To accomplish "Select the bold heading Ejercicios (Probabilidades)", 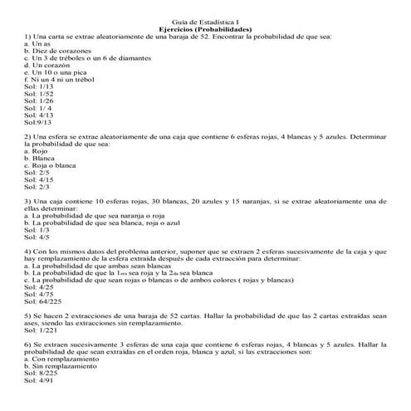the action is tap(204, 31).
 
